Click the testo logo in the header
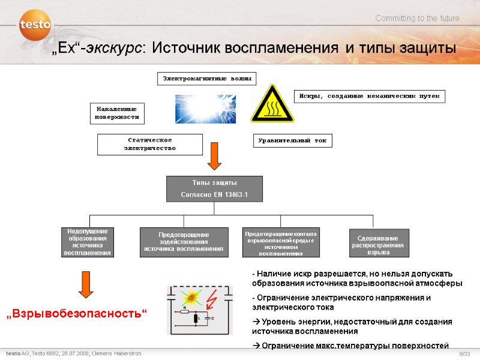(35, 25)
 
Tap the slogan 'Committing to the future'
(417, 19)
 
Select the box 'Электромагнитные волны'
(206, 79)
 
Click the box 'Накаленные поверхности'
(118, 113)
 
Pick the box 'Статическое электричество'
(150, 144)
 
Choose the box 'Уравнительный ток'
(292, 140)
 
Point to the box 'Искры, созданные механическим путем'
(370, 96)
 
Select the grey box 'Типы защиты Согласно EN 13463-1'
(214, 188)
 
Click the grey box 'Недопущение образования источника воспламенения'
(88, 242)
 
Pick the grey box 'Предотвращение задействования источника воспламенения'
(184, 242)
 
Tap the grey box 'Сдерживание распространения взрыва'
(379, 242)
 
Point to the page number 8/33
(465, 354)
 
